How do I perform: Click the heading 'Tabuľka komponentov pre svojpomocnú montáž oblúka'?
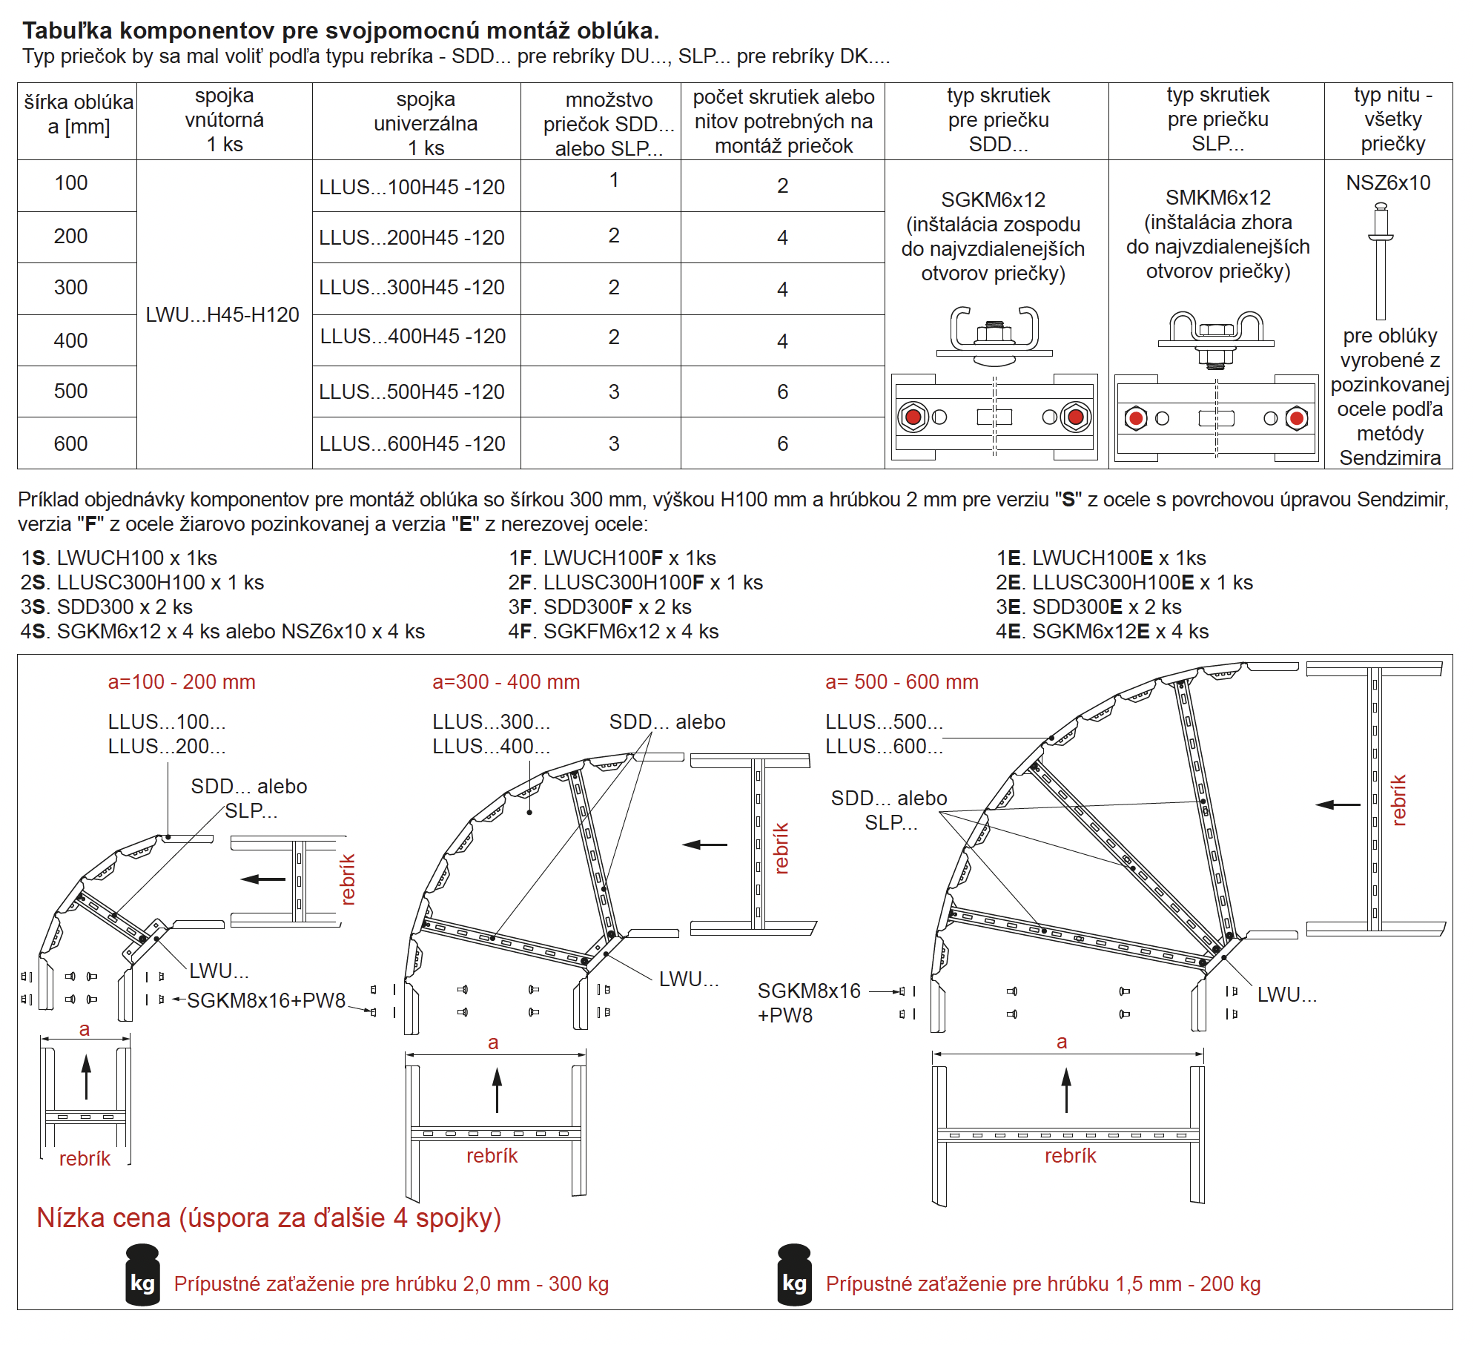[340, 30]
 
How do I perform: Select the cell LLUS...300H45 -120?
[412, 288]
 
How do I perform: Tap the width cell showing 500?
[70, 391]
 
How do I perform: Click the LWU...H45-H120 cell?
[222, 315]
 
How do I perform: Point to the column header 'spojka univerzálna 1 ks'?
[426, 123]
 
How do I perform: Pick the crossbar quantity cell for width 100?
[614, 180]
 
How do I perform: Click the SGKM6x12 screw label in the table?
[993, 200]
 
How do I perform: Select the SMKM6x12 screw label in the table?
[1217, 198]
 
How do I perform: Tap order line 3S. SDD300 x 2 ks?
[107, 607]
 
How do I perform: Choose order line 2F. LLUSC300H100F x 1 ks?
[635, 583]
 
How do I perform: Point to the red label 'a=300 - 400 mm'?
[506, 682]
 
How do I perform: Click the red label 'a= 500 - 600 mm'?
[902, 682]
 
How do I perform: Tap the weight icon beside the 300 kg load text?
[142, 1275]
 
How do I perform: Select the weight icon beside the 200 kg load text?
[794, 1275]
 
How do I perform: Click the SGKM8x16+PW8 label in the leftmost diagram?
[266, 1001]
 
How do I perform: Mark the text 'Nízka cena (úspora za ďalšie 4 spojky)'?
[269, 1218]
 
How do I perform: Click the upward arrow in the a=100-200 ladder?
[87, 1077]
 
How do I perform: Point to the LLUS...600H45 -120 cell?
[412, 444]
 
